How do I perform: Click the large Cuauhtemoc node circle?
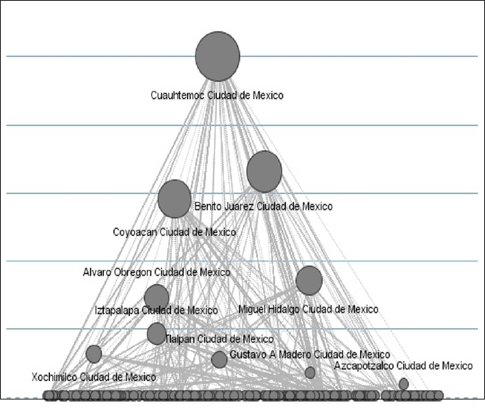point(218,56)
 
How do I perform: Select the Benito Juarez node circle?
point(264,172)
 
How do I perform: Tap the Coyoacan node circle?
point(175,199)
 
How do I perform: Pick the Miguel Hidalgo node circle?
point(309,281)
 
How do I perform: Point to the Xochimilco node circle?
point(93,354)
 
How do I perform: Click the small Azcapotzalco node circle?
point(404,384)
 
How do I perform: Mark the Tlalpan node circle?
point(156,333)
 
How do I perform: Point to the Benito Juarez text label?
point(263,206)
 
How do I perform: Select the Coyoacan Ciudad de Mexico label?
point(174,232)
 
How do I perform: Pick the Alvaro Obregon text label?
point(156,272)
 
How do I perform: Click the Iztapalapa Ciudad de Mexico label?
point(156,310)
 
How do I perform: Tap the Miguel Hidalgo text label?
point(308,309)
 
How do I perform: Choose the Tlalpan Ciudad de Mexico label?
point(219,339)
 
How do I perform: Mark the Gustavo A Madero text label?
point(310,354)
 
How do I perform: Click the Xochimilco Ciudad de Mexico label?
point(93,377)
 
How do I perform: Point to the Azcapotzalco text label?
point(403,365)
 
